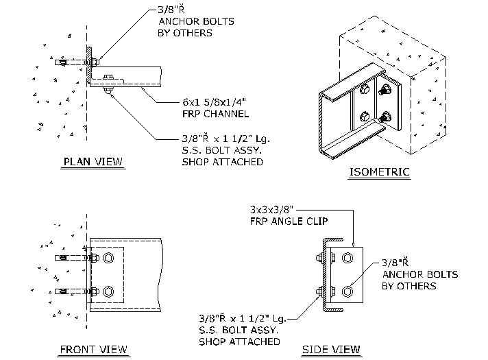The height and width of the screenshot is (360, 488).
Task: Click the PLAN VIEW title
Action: pos(93,163)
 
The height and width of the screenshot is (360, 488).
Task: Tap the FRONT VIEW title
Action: pos(93,350)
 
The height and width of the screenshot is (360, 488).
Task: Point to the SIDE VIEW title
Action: pos(331,350)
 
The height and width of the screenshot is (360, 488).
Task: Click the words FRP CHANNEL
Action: pos(211,114)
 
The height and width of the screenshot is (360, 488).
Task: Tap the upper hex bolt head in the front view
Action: pos(108,259)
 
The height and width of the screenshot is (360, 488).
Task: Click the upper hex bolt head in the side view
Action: pos(346,259)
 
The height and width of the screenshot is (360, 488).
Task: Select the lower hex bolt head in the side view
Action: pos(346,291)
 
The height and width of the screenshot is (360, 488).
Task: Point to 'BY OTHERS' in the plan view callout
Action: pos(184,33)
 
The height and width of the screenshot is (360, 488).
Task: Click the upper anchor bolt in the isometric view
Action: pos(386,88)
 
